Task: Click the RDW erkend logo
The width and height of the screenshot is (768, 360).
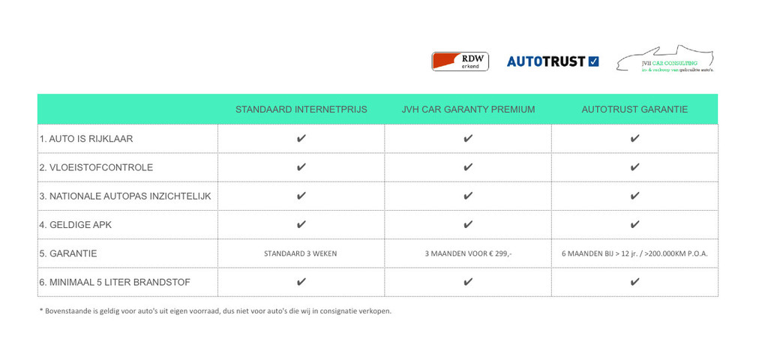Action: point(460,61)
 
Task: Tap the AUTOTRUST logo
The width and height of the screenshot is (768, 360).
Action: point(553,61)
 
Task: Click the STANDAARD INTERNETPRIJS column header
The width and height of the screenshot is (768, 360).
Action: point(301,109)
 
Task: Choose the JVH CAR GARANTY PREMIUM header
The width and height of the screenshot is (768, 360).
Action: point(468,109)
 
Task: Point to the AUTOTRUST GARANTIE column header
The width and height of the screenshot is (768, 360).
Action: point(634,109)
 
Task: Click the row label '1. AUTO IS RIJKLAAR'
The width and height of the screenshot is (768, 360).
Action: point(86,139)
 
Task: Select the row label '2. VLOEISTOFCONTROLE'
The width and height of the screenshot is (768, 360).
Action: point(96,167)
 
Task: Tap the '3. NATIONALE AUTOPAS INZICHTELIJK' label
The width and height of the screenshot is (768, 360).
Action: point(125,196)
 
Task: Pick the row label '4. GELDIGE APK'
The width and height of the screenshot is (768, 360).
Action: point(76,225)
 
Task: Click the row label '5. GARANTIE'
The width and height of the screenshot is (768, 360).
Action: point(68,253)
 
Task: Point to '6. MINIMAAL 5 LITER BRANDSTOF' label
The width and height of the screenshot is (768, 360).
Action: point(115,283)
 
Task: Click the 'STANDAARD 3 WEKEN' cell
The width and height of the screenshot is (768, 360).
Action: point(301,253)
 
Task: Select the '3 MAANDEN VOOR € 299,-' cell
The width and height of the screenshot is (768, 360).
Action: point(468,253)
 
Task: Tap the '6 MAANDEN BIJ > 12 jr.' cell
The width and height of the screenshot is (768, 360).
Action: point(634,253)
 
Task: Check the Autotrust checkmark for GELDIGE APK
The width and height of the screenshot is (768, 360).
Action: point(634,224)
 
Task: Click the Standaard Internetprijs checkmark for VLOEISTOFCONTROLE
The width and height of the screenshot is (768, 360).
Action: point(301,167)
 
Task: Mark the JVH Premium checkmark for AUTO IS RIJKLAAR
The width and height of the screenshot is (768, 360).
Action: point(468,139)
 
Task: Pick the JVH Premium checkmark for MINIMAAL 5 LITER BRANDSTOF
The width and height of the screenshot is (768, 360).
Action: point(468,282)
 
